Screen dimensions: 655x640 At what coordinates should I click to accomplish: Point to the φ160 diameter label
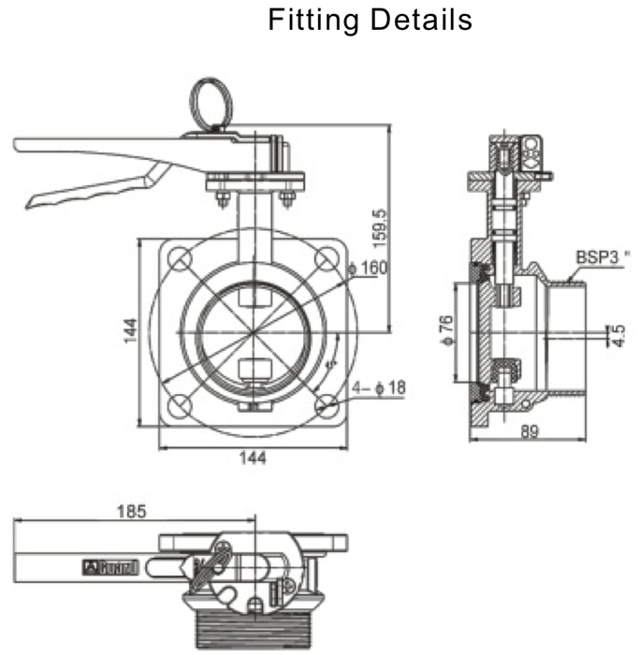point(366,269)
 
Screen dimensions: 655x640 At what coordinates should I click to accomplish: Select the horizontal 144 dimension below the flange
point(253,458)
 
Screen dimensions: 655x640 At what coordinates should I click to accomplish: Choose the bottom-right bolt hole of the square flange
point(327,405)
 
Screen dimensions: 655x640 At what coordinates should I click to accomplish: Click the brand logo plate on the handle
point(111,567)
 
